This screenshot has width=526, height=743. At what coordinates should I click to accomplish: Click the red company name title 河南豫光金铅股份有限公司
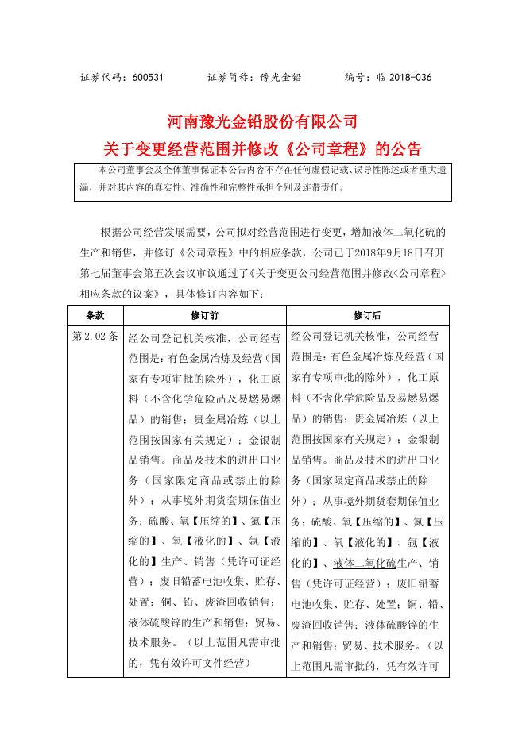coord(262,123)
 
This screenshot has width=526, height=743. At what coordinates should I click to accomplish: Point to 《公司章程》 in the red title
coord(325,148)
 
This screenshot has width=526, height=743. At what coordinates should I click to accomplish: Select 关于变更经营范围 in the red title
coord(158,148)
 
